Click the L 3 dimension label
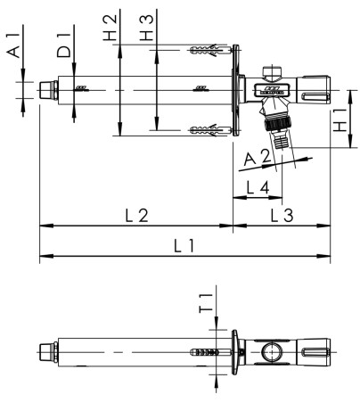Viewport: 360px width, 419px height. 282,214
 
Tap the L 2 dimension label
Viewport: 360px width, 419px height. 136,214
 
